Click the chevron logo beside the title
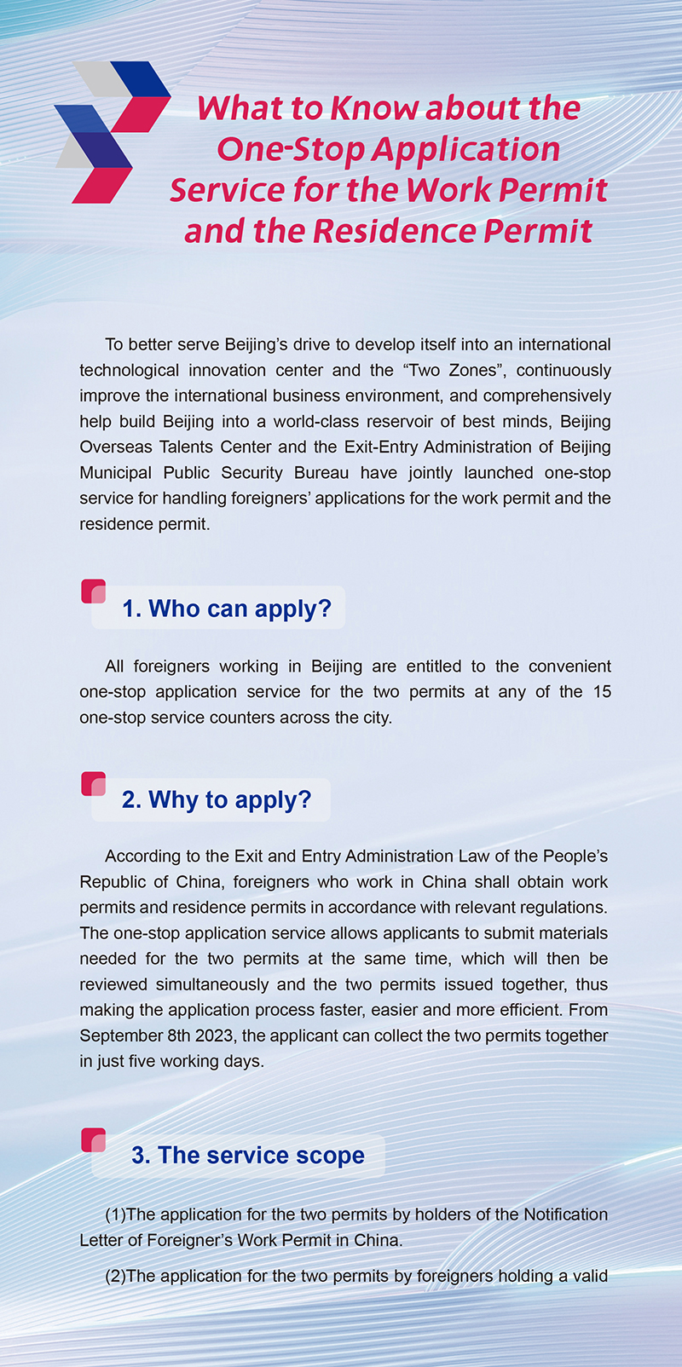coord(111,131)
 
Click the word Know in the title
coord(373,108)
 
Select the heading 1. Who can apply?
coord(226,609)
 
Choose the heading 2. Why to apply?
coord(217,799)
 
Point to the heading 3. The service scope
coord(247,1155)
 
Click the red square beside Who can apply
coord(93,591)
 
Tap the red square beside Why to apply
coord(93,783)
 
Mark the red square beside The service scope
coord(93,1139)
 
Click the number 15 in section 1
coord(602,691)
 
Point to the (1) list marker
coord(115,1214)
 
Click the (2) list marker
coord(115,1276)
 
